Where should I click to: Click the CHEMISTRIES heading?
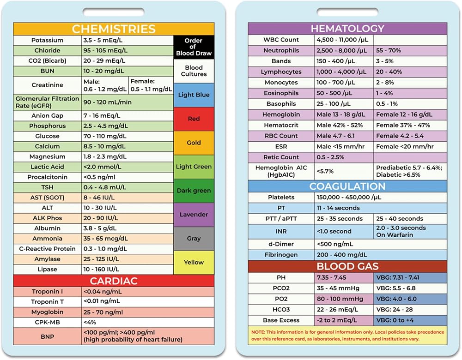(x=114, y=29)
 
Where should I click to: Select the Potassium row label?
(x=47, y=40)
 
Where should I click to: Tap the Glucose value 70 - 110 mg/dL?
(x=104, y=136)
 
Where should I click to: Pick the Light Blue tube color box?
(x=194, y=95)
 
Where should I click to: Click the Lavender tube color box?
(x=194, y=215)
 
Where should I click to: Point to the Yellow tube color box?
(x=194, y=263)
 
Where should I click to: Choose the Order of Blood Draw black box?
(x=194, y=47)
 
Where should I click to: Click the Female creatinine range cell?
(x=151, y=85)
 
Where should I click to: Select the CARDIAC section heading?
(x=114, y=281)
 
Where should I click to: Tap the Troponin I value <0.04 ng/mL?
(x=103, y=292)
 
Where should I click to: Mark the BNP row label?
(x=47, y=336)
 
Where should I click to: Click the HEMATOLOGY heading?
(x=348, y=29)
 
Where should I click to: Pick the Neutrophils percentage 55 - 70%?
(x=389, y=50)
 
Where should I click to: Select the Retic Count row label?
(x=281, y=157)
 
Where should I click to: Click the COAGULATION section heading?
(x=347, y=186)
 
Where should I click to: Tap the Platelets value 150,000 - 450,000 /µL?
(x=349, y=197)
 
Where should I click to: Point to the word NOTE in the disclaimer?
(x=257, y=332)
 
